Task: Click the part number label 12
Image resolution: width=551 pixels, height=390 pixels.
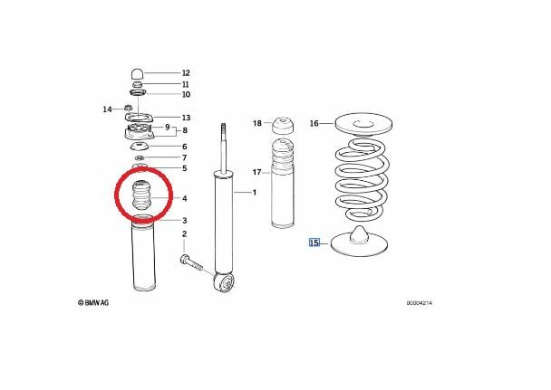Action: coord(186,72)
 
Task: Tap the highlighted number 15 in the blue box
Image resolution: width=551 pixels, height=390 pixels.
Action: coord(314,243)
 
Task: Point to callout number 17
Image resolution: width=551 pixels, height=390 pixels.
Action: coord(256,172)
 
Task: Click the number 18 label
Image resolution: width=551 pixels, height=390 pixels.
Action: coord(256,123)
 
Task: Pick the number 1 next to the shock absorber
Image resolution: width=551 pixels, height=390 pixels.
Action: coord(255,194)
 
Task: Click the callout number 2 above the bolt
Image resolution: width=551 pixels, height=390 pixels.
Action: coord(183,234)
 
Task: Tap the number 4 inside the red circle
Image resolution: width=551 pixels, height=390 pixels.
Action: coord(185,198)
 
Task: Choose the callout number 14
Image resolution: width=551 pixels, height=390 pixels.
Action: coord(106,109)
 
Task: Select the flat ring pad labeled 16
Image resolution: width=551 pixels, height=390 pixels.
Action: coord(362,122)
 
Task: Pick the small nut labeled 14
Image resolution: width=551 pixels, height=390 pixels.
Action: coord(121,110)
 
